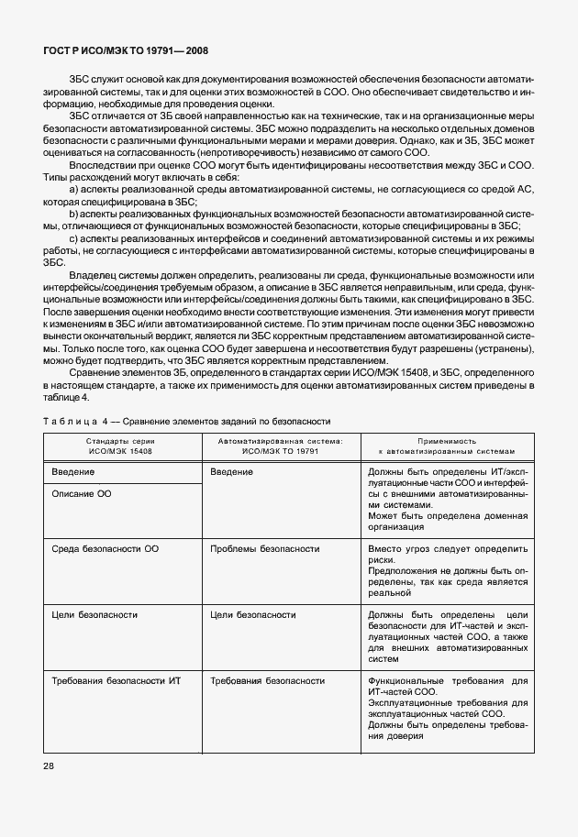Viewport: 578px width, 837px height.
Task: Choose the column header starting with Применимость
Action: click(447, 446)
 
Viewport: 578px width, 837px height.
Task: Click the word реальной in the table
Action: click(387, 593)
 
